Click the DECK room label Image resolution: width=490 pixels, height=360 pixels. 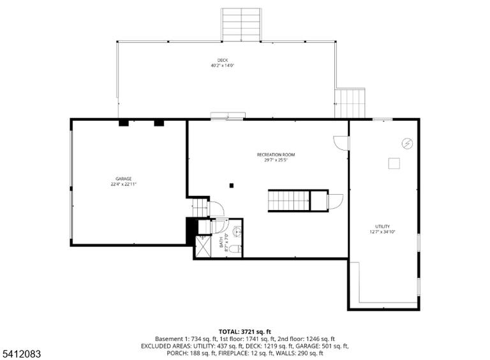coord(223,60)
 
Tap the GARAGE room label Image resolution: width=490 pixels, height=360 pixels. coord(123,179)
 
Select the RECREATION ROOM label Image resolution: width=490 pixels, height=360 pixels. coord(276,154)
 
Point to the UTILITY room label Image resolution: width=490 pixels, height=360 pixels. coord(383,226)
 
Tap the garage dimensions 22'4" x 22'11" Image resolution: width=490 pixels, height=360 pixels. coord(123,184)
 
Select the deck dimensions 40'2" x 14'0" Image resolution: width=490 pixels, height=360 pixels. coord(223,66)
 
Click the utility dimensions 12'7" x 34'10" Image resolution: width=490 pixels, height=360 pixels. coord(383,232)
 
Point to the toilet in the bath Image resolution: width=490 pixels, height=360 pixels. coord(235,249)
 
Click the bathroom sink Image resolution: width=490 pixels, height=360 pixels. coord(237,232)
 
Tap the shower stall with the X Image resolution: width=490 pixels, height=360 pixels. coord(204,246)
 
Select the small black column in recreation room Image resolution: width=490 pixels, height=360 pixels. coord(232,186)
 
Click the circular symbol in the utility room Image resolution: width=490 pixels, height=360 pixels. coord(407,144)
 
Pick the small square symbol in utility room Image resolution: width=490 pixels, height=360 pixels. coord(394,163)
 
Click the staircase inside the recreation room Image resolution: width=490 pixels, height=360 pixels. coord(289,200)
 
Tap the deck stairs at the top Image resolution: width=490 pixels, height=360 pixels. coord(241,25)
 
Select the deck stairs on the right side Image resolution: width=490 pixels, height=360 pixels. coord(350,103)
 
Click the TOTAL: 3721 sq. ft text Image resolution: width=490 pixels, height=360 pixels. coord(245,331)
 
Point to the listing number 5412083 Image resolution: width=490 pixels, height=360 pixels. coord(21,354)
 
